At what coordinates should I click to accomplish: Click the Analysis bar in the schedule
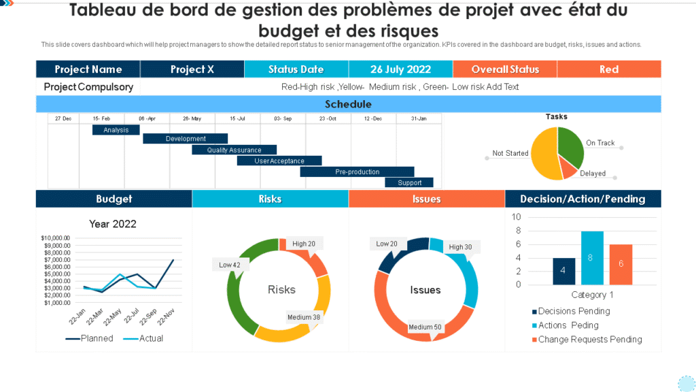click(116, 130)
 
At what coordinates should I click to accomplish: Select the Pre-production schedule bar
click(357, 172)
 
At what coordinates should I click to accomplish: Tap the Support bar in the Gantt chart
click(410, 182)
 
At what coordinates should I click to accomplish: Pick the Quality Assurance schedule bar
click(234, 150)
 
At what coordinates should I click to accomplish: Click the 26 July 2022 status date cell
click(400, 69)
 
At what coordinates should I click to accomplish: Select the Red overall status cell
click(609, 69)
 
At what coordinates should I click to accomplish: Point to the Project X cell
click(192, 69)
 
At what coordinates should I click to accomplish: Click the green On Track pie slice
click(572, 146)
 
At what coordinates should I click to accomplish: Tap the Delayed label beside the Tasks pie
click(593, 174)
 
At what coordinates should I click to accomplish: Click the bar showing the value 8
click(592, 258)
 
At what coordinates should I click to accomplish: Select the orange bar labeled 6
click(621, 264)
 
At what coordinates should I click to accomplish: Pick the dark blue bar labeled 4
click(563, 271)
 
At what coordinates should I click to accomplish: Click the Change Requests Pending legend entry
click(589, 340)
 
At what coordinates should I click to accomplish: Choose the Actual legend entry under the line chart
click(150, 338)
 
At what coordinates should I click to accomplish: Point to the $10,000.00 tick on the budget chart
click(56, 238)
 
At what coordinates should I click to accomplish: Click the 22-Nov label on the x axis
click(166, 316)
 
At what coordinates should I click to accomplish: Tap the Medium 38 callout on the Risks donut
click(303, 317)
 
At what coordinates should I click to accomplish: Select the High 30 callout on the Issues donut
click(460, 247)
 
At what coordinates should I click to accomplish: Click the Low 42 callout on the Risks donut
click(230, 265)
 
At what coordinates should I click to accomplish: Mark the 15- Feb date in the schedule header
click(102, 118)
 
